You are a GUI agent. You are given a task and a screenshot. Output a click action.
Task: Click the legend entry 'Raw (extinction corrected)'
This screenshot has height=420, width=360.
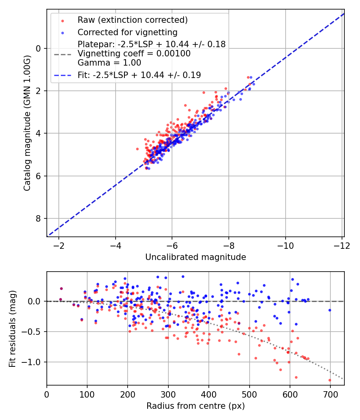(132, 20)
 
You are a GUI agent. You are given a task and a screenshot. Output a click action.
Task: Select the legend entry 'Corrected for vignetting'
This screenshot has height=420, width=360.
(128, 32)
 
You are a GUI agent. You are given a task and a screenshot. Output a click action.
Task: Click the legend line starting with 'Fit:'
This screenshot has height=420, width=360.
(139, 75)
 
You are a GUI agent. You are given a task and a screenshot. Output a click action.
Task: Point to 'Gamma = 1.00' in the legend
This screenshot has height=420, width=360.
(109, 63)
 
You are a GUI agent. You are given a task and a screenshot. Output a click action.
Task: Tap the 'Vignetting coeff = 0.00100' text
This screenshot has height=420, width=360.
(134, 54)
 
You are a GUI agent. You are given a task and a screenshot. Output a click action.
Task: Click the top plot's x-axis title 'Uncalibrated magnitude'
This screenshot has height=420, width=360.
(195, 257)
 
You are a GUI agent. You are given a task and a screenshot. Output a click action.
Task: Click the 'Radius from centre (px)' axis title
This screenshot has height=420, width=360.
(195, 406)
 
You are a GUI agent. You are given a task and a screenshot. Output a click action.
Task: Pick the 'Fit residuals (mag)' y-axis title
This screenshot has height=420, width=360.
(12, 328)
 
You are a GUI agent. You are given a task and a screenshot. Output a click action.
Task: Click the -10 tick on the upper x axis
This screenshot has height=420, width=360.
(285, 245)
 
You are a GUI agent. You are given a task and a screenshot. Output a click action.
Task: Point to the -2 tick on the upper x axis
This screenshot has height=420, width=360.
(59, 245)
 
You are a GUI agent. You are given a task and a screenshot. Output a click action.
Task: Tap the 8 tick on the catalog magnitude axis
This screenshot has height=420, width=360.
(39, 218)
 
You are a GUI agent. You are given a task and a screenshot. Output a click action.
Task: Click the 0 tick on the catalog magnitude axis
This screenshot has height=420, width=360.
(39, 48)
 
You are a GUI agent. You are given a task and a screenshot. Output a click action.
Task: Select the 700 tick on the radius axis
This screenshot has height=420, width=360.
(330, 394)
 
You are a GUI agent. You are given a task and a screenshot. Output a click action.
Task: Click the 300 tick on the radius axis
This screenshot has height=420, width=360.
(168, 394)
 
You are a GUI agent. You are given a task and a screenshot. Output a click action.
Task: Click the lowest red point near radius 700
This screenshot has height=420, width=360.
(330, 380)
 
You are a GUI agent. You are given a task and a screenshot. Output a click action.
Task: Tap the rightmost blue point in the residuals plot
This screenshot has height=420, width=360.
(330, 310)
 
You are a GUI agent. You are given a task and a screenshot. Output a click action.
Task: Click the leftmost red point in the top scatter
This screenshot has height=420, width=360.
(137, 149)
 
